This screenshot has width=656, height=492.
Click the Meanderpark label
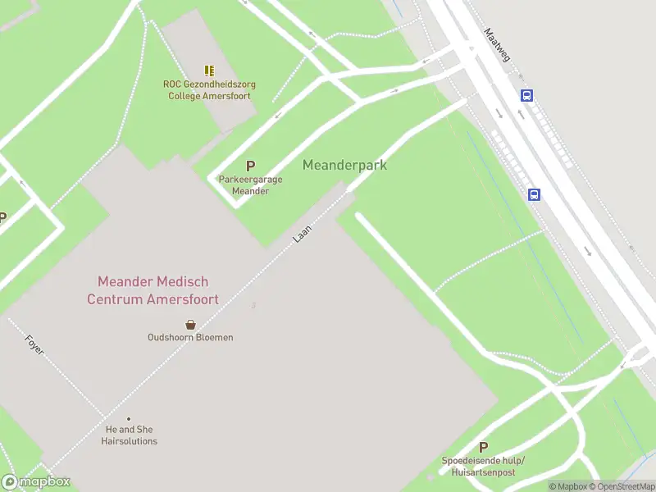344,165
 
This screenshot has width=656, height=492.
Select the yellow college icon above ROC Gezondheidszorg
209,71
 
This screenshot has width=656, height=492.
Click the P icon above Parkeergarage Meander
250,166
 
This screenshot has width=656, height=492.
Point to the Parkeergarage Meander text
250,185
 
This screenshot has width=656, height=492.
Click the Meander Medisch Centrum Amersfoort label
153,290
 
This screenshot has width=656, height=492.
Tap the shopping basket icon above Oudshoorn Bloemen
190,325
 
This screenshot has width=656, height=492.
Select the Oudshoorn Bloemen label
190,338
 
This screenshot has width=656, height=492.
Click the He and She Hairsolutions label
129,435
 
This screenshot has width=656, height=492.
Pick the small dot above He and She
129,418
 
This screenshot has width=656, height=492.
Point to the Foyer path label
34,344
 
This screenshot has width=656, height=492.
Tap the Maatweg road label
497,44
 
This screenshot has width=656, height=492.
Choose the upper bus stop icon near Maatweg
526,95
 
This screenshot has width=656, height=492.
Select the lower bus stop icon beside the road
534,194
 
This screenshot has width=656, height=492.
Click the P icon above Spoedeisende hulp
483,448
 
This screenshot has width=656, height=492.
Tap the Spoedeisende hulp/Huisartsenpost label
483,466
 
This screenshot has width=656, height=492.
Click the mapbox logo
36,481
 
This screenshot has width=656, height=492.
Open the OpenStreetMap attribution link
624,486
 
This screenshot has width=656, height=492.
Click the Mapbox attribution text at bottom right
570,486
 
